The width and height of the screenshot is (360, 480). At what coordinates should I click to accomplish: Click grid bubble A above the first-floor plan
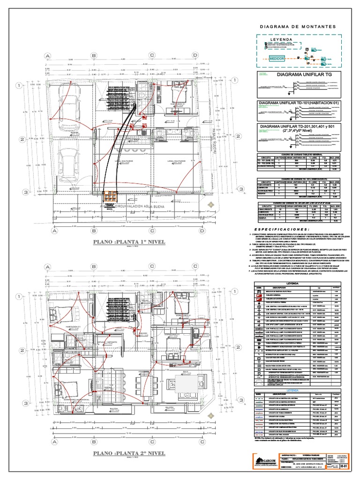47,55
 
